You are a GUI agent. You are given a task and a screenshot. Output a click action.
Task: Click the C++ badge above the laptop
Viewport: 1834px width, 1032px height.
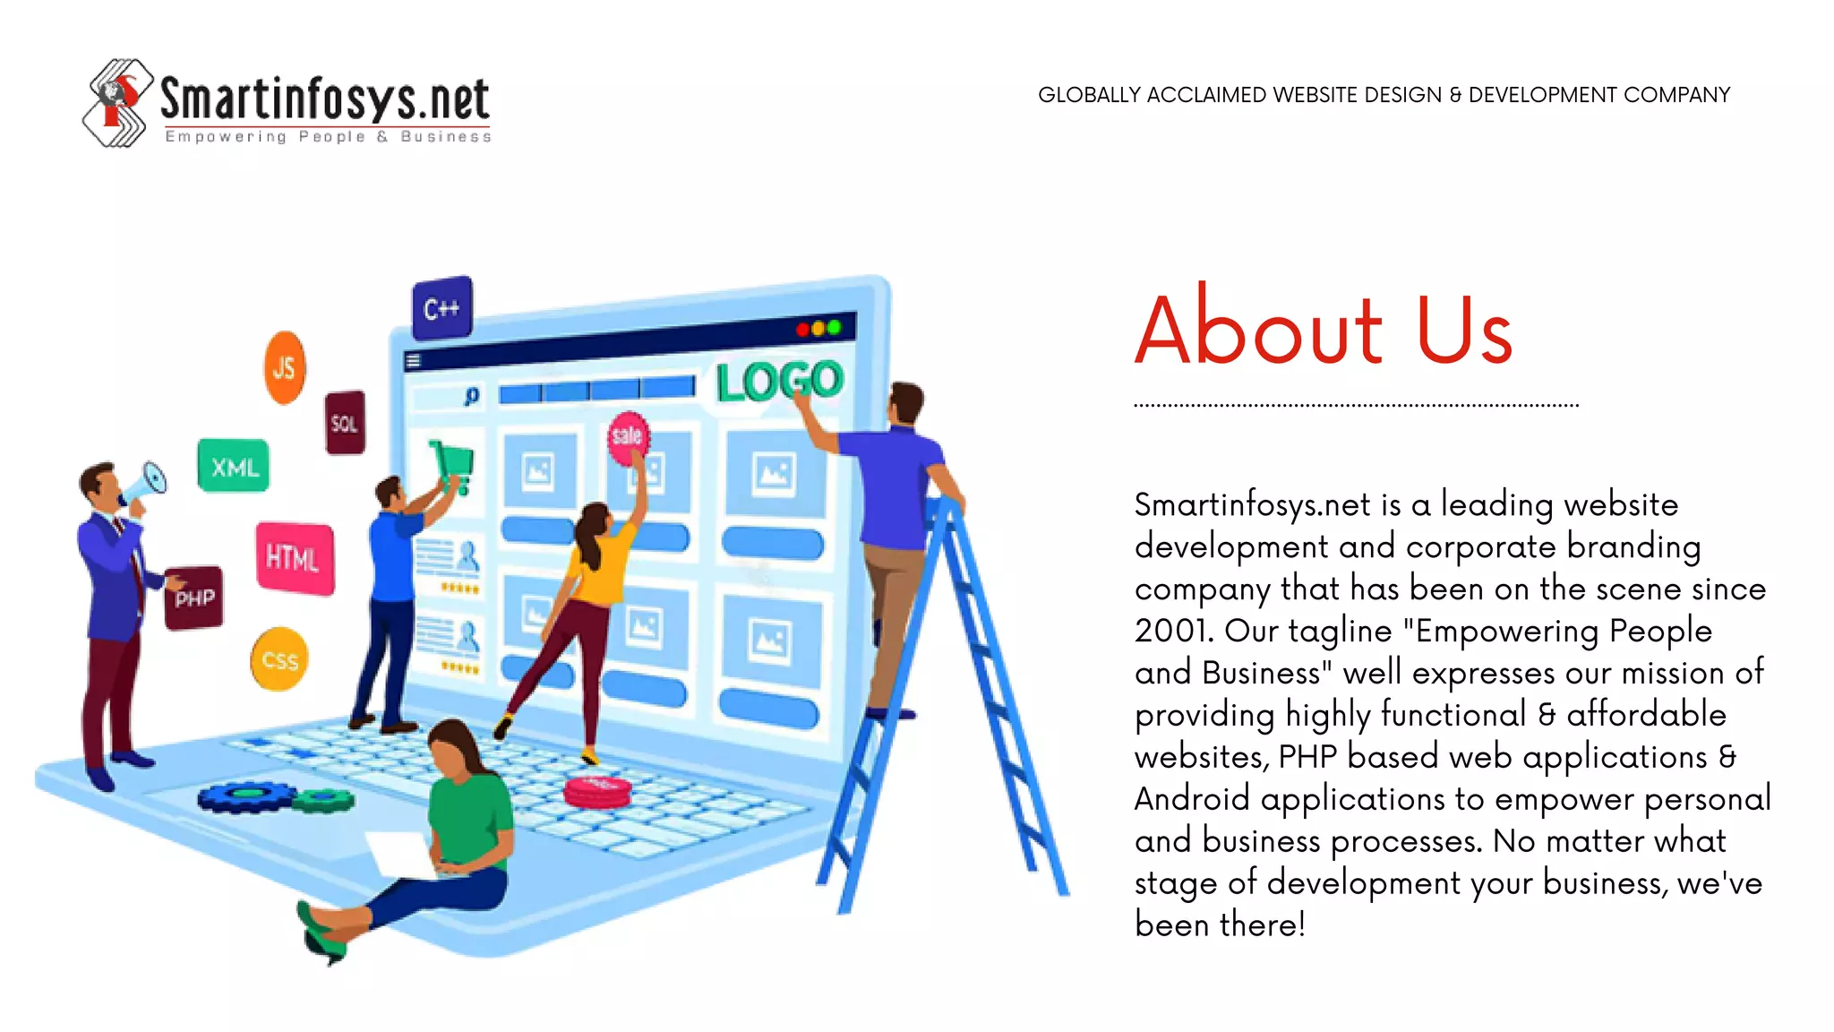[x=441, y=308]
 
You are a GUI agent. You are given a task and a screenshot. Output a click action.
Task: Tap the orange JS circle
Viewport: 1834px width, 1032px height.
[x=285, y=367]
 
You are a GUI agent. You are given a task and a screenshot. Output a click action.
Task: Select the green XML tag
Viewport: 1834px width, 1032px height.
[x=234, y=466]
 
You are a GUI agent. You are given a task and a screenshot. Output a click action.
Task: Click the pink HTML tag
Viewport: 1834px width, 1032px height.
[x=294, y=558]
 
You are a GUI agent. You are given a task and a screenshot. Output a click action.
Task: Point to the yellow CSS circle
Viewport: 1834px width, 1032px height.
[x=279, y=660]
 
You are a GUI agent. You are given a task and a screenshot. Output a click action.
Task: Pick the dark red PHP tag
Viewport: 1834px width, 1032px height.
[x=194, y=598]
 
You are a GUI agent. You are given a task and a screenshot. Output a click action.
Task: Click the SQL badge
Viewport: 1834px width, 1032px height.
[x=345, y=423]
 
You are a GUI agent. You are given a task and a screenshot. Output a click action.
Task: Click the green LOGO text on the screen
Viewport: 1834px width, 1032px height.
[x=779, y=381]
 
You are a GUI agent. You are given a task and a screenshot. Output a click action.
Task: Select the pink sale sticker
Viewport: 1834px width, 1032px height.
[x=628, y=436]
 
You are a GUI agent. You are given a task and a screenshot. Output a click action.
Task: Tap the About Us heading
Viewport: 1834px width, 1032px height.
[x=1323, y=330]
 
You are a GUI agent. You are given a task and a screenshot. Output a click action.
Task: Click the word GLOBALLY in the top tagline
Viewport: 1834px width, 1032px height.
[x=1089, y=95]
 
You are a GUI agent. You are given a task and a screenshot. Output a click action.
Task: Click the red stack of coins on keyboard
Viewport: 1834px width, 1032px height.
[x=597, y=792]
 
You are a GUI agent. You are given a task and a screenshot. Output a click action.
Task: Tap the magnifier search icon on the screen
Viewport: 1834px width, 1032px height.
[x=472, y=396]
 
